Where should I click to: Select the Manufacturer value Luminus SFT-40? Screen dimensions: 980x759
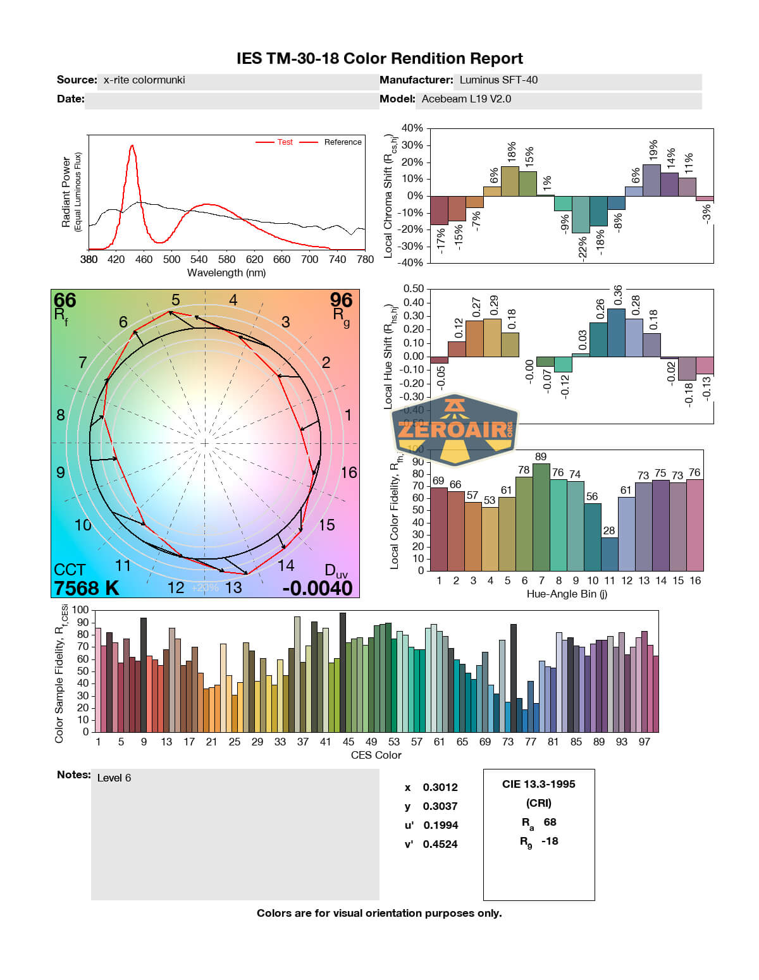(x=498, y=80)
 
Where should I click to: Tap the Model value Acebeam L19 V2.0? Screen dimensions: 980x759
(x=466, y=99)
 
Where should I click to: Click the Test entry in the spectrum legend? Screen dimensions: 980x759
(x=285, y=142)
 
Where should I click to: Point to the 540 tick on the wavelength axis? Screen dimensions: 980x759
(x=199, y=259)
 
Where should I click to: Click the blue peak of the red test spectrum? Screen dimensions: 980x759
(x=132, y=147)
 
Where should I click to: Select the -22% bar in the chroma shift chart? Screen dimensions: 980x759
(x=581, y=214)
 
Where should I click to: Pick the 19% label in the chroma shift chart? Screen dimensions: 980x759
(x=653, y=152)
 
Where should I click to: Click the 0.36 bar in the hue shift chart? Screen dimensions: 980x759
(x=616, y=333)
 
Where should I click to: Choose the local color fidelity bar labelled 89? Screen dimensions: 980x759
(x=541, y=517)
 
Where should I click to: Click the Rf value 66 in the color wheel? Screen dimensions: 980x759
(x=65, y=301)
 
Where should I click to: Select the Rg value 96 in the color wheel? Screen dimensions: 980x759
(x=341, y=300)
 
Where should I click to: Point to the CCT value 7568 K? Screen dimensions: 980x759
(x=87, y=588)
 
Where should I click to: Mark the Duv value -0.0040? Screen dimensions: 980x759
(x=318, y=588)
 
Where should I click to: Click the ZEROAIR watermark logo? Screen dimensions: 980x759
(x=455, y=430)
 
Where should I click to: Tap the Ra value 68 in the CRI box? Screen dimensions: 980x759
(x=550, y=822)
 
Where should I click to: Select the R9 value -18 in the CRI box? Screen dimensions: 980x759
(x=550, y=841)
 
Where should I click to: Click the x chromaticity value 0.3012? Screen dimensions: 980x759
(x=440, y=787)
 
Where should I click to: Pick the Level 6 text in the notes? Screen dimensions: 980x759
(x=114, y=778)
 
